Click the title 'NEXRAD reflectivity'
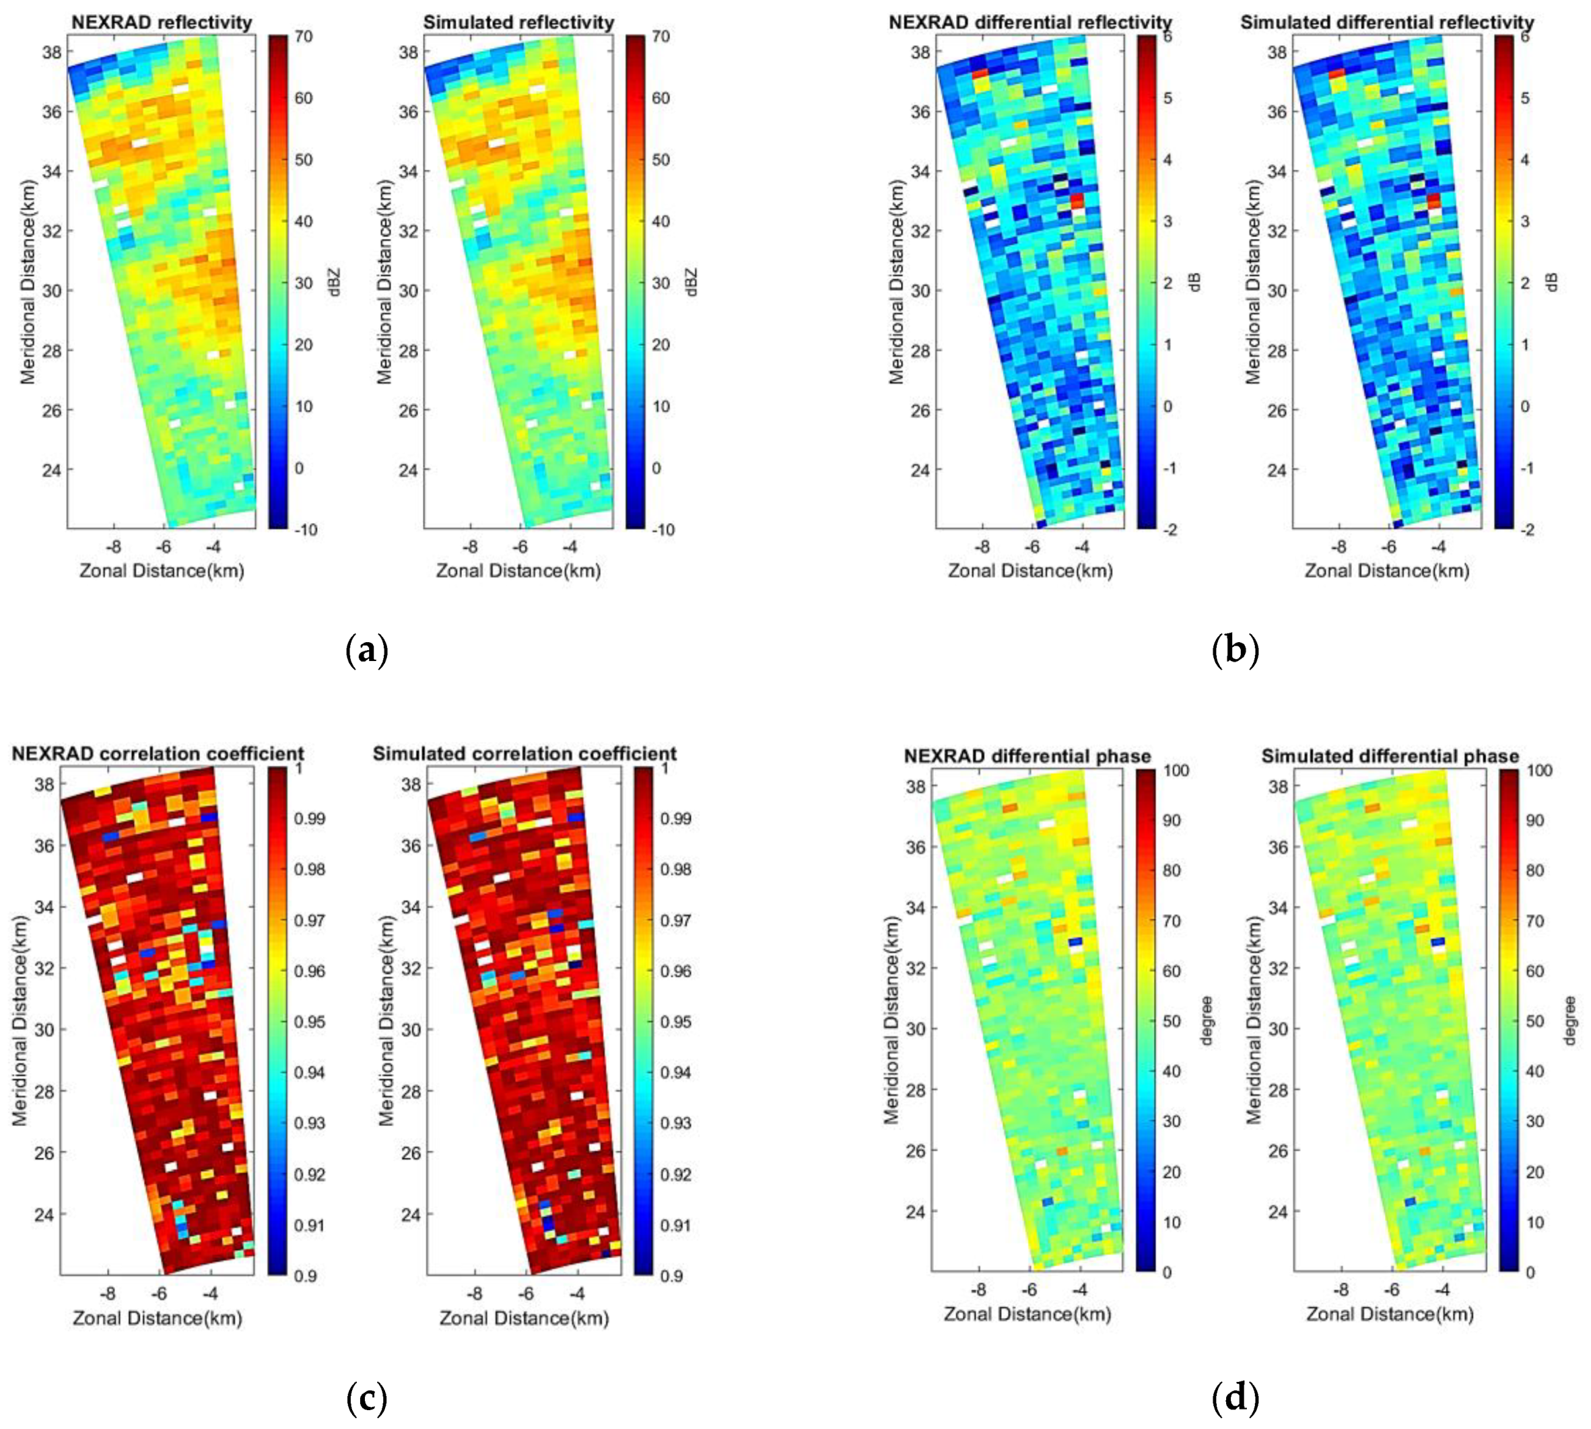click(161, 22)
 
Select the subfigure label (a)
click(367, 651)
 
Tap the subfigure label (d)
click(1235, 1397)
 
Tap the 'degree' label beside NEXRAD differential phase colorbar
click(1207, 1020)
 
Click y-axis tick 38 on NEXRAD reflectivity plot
click(50, 52)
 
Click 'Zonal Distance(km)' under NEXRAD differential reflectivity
click(1029, 571)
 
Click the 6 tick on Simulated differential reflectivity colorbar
click(1524, 36)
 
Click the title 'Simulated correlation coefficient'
click(524, 754)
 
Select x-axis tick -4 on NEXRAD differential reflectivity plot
click(1081, 547)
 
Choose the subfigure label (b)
click(1235, 651)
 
